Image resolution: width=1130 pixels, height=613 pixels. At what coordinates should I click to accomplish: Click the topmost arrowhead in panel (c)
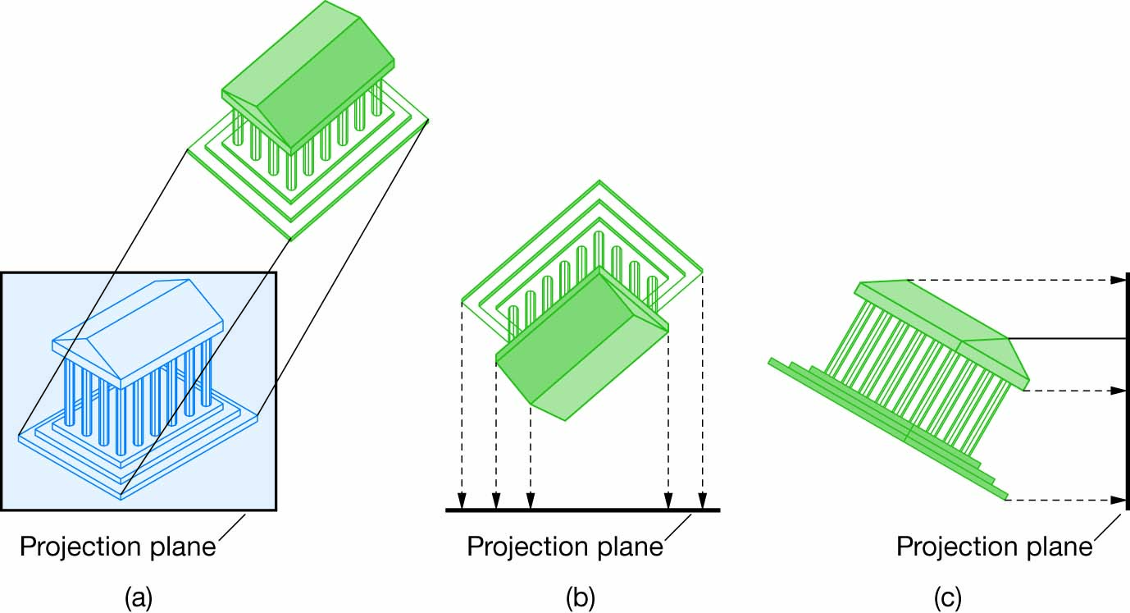tap(1118, 280)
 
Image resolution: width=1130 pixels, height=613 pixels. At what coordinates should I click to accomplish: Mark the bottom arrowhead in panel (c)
tap(1118, 499)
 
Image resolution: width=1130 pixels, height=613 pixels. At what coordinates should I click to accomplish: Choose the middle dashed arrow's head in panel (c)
tap(1118, 391)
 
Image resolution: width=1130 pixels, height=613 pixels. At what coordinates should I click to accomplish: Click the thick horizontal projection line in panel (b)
tap(582, 510)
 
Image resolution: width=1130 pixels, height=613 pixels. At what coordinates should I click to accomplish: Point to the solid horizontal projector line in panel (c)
tap(1066, 338)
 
